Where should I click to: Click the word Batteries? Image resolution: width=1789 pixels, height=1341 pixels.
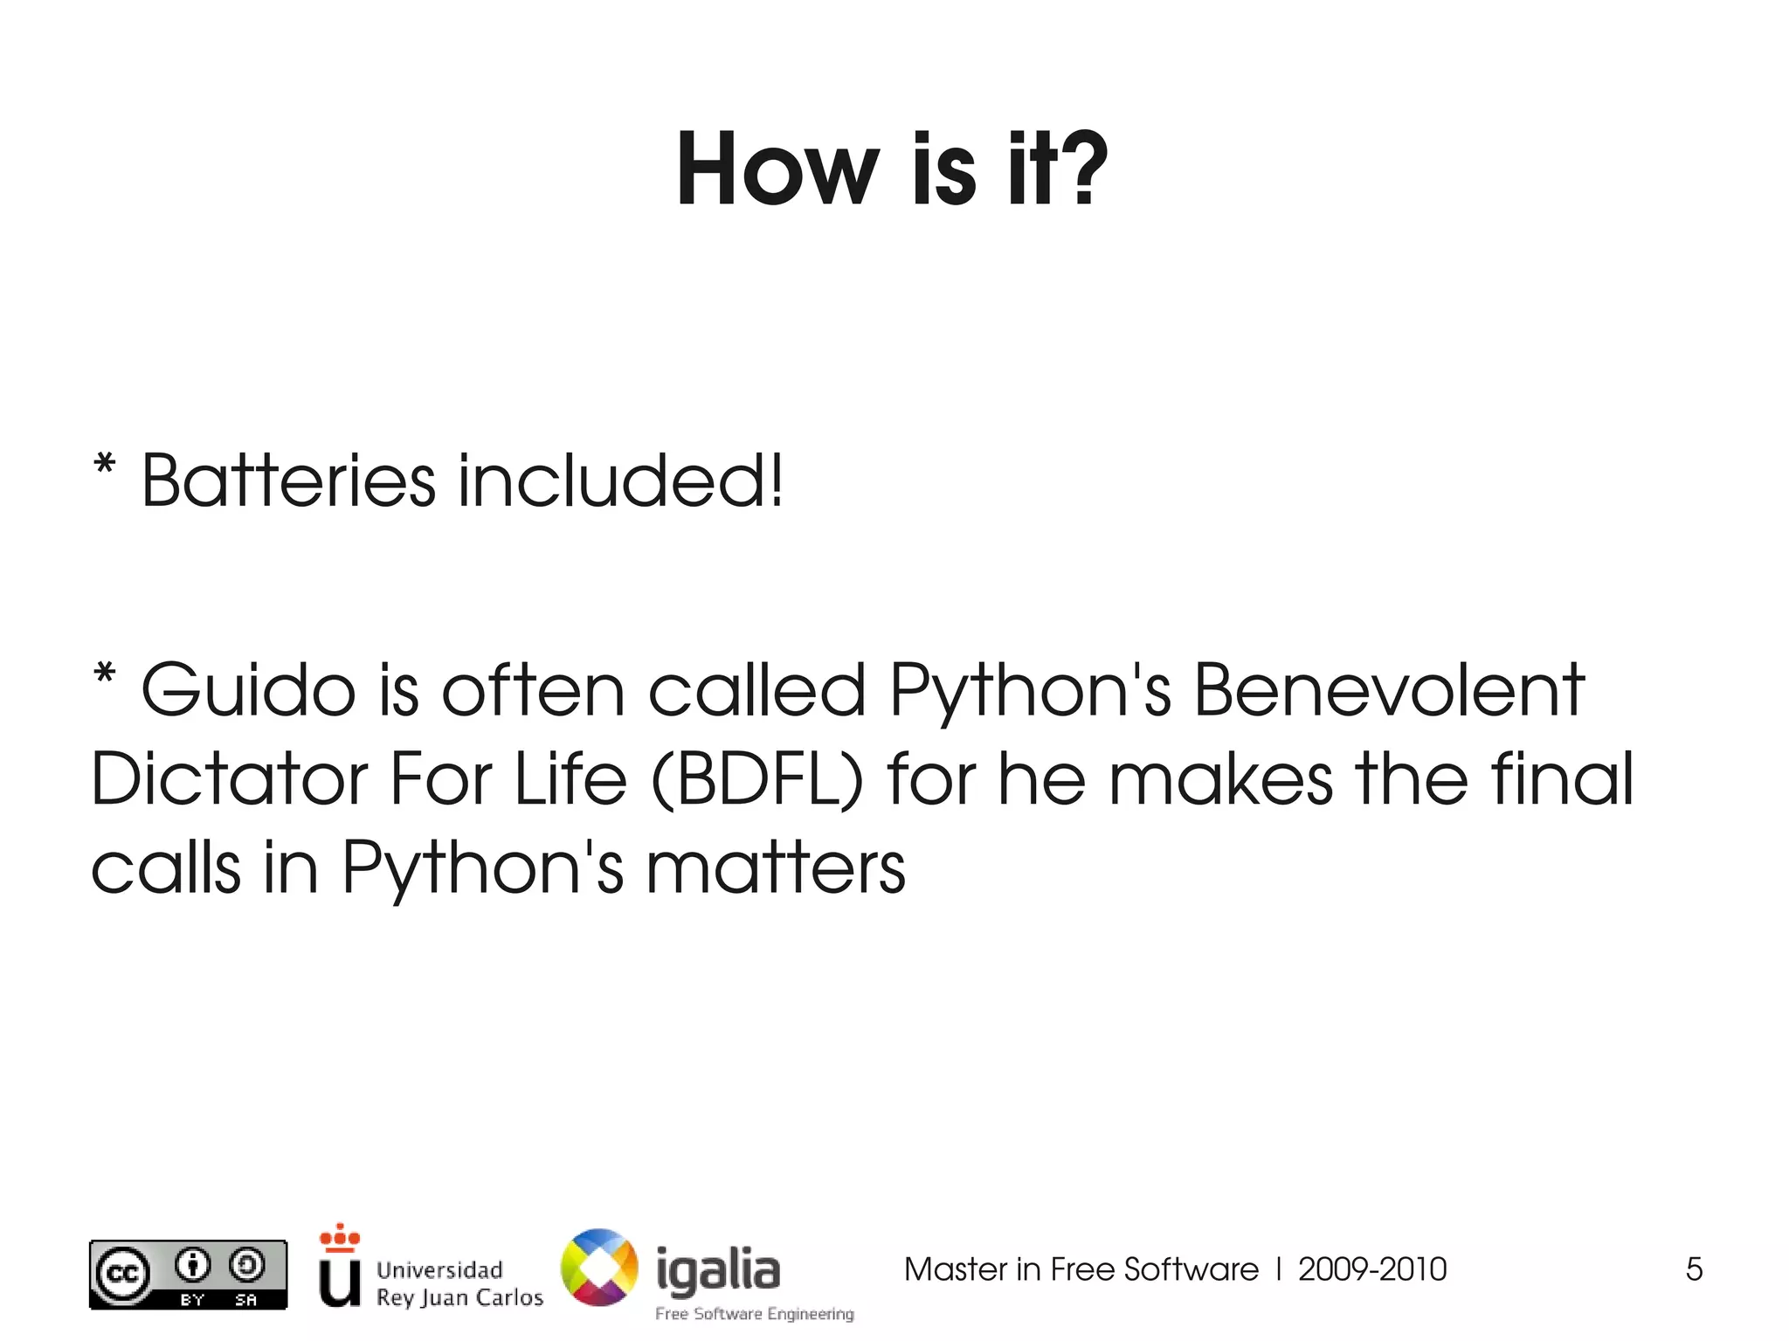tap(288, 481)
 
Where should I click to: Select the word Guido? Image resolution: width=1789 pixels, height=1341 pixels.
tap(248, 691)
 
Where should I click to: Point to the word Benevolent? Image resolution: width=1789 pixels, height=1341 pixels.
tap(1389, 691)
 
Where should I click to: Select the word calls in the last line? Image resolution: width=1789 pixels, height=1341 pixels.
tap(166, 868)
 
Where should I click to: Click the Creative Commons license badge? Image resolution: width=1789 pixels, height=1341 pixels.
tap(188, 1275)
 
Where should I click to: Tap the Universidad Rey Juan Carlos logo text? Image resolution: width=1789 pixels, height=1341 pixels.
tap(459, 1283)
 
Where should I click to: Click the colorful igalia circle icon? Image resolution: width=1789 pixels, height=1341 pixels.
tap(599, 1268)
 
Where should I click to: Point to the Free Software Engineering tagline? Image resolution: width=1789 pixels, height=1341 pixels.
tap(755, 1314)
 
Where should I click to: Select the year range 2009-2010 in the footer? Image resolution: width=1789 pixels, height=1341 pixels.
tap(1372, 1269)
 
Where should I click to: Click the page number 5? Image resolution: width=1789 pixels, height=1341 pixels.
tap(1694, 1269)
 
